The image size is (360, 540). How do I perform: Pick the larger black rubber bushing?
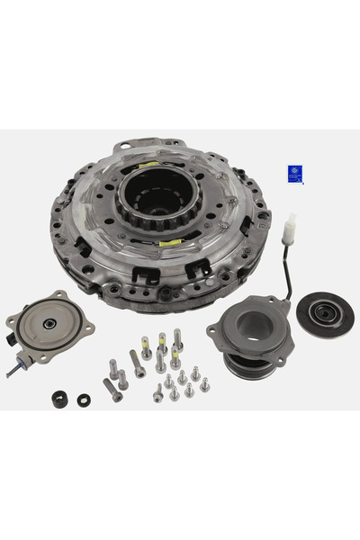coord(61,397)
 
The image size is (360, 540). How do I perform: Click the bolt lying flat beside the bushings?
coord(112,389)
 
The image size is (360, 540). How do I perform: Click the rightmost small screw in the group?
coord(204,384)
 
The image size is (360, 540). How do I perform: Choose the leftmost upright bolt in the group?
coord(113,368)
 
